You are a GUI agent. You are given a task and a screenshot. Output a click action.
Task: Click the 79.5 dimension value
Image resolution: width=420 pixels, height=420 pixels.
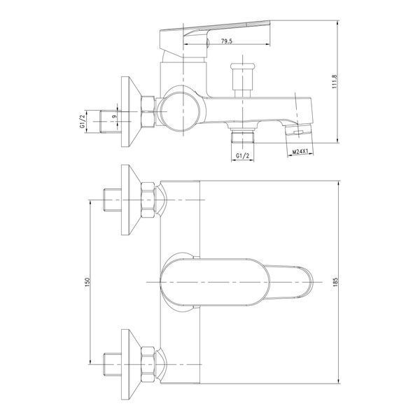227,41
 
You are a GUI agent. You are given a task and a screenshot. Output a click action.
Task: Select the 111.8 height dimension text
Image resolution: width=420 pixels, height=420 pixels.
335,82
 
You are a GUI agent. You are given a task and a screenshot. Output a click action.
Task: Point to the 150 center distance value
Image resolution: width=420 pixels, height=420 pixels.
87,283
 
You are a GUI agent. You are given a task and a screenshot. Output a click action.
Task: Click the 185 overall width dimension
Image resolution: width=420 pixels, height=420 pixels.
335,282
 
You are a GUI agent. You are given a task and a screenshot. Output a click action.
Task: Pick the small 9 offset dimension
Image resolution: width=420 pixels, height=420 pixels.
114,116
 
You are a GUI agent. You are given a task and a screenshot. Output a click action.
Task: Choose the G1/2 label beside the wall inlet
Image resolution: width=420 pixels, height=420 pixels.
82,121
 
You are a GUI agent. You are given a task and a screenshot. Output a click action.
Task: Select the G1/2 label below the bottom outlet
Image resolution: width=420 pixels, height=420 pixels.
242,155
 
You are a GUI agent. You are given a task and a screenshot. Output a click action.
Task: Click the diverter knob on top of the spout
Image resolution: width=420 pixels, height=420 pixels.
242,80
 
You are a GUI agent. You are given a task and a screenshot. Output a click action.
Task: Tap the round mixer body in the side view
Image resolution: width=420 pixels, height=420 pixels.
181,112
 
